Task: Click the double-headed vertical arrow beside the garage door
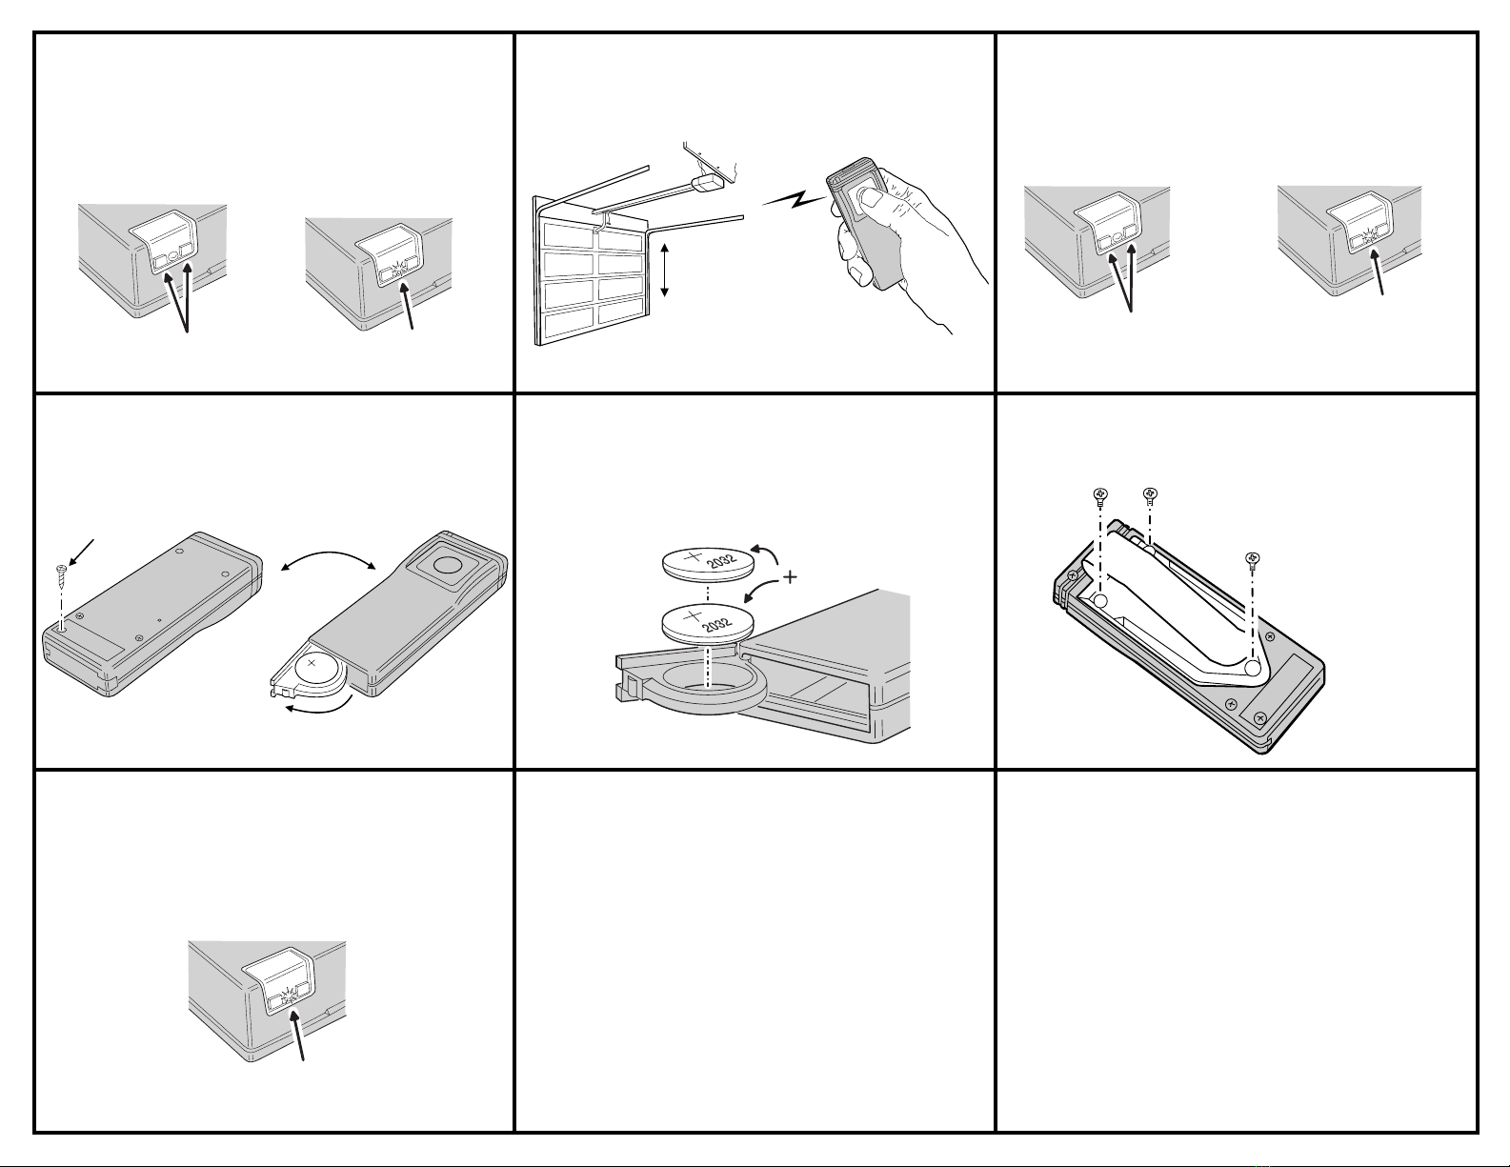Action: (664, 271)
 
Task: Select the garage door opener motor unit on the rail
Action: (709, 183)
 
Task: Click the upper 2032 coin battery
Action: (707, 563)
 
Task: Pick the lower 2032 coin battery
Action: (707, 622)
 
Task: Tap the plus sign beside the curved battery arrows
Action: (790, 576)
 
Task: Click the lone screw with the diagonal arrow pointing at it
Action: (61, 573)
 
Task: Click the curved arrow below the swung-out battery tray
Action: (316, 708)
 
